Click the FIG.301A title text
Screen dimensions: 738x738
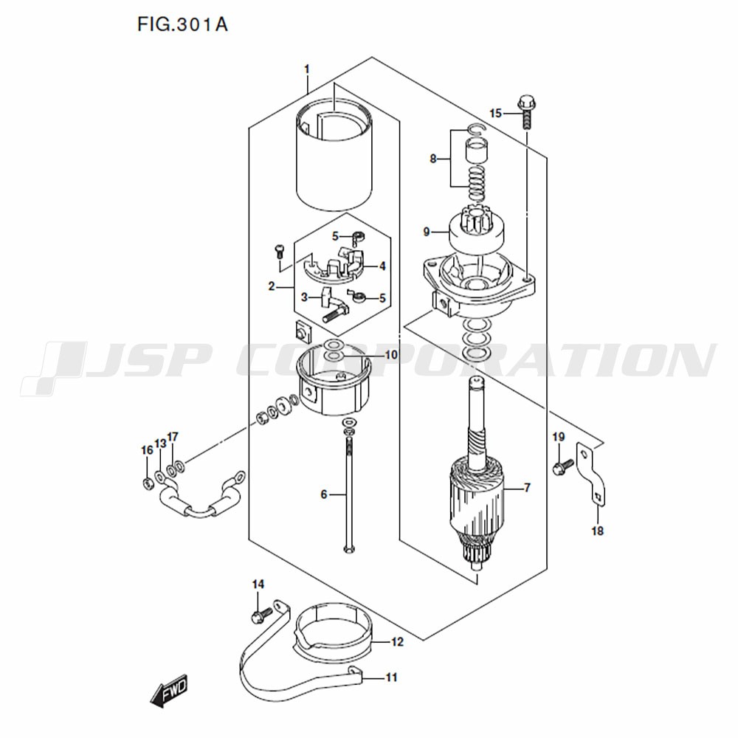point(182,24)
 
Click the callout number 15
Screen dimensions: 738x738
point(496,114)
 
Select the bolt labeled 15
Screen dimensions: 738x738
point(527,112)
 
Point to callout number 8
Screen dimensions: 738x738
point(433,159)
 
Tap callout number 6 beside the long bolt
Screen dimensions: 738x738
point(324,494)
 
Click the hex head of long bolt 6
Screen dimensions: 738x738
point(349,549)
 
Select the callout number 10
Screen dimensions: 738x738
point(392,354)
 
